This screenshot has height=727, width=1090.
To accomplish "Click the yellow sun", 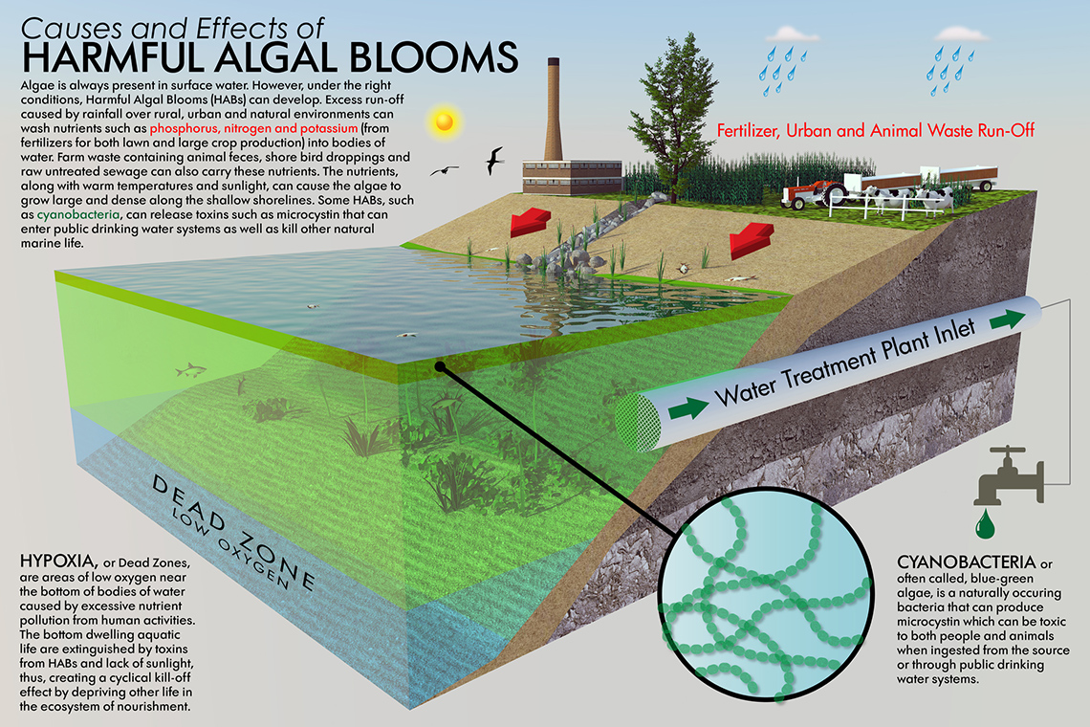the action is [x=445, y=121].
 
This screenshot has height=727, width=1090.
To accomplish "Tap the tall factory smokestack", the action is [x=554, y=110].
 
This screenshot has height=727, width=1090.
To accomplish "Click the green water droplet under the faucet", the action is [x=985, y=524].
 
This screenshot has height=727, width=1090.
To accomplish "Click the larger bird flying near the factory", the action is [x=493, y=161].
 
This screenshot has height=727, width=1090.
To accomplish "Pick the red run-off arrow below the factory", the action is [x=531, y=222].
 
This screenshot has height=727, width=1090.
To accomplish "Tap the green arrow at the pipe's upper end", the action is [x=1007, y=319].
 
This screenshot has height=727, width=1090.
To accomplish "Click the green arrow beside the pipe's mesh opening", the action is [x=688, y=408].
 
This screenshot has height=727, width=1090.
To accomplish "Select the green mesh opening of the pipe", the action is [x=638, y=422].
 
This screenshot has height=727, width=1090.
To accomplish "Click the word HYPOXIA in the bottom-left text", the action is [x=57, y=561].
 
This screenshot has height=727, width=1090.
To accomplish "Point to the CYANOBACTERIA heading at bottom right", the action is [x=967, y=562].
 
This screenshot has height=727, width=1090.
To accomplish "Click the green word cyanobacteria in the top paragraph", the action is [x=77, y=214].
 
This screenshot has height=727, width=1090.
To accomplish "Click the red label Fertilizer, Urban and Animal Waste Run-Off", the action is [x=875, y=130].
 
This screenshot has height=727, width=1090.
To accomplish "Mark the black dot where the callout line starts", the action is [x=439, y=366].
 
